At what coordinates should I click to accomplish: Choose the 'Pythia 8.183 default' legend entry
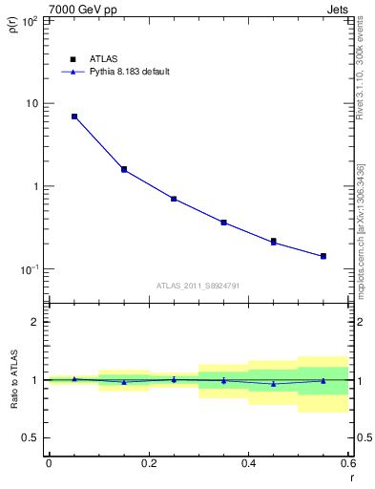click(x=122, y=72)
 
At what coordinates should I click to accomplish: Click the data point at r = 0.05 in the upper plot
click(x=74, y=117)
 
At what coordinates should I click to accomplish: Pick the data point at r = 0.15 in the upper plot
click(x=124, y=169)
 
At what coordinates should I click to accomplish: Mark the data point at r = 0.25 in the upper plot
click(x=174, y=199)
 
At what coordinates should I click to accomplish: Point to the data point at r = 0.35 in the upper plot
click(x=223, y=223)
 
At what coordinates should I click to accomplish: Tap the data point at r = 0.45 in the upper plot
click(x=274, y=242)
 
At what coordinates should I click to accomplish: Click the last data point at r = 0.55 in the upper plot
click(x=323, y=256)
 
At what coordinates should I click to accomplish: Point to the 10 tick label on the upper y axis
click(x=31, y=103)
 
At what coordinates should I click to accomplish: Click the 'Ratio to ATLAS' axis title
click(x=13, y=381)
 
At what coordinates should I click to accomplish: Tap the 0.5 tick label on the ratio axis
click(x=30, y=437)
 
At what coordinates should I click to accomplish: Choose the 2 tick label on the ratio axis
click(x=34, y=322)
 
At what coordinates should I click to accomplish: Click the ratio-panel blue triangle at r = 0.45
click(x=274, y=384)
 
